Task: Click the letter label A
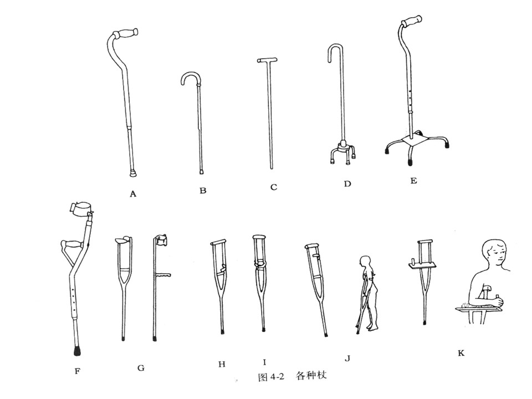click(132, 193)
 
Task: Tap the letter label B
click(203, 191)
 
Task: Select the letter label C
click(273, 187)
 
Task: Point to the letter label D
click(347, 184)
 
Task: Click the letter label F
click(77, 371)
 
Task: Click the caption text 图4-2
click(271, 376)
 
